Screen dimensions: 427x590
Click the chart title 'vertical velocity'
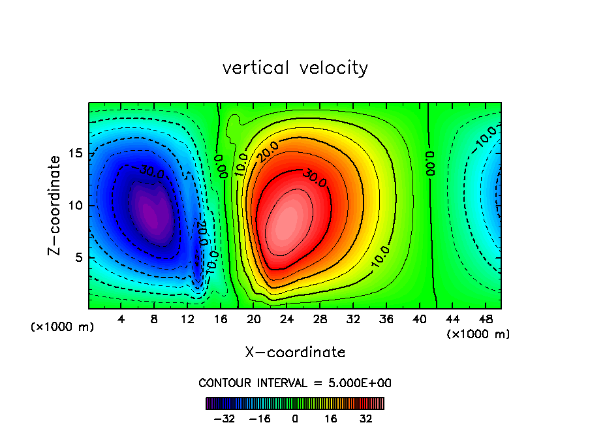pos(295,68)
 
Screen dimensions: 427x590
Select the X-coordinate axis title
pos(295,353)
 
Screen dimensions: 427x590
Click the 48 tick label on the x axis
pos(485,319)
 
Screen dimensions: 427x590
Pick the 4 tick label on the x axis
pos(121,319)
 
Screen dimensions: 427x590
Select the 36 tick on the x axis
pos(386,319)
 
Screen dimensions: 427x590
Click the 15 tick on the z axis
pos(76,153)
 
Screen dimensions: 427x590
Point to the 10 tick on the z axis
pos(76,205)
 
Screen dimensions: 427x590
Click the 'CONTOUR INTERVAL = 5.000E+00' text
pos(295,383)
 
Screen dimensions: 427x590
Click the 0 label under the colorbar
pos(295,419)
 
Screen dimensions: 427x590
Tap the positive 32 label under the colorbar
pos(365,419)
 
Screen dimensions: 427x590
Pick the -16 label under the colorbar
pos(260,419)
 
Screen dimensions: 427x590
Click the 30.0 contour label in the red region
pos(314,177)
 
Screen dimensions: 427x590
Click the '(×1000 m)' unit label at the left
pos(63,327)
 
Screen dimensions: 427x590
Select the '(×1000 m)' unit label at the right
pos(478,334)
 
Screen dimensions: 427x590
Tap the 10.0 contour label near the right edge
pos(486,138)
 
